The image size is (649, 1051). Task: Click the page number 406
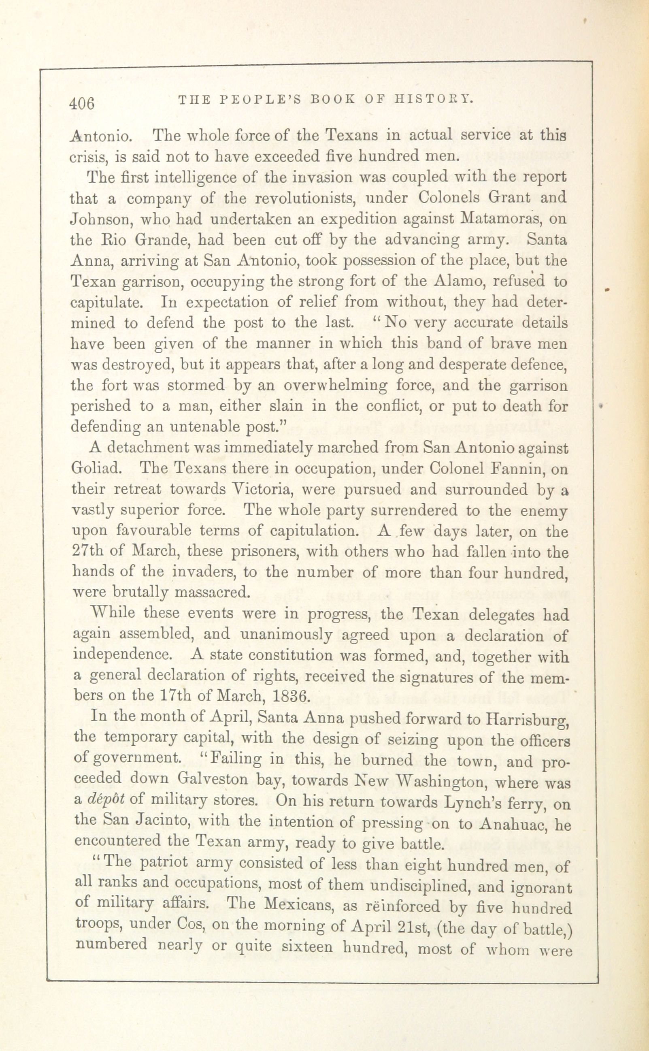pos(82,103)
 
